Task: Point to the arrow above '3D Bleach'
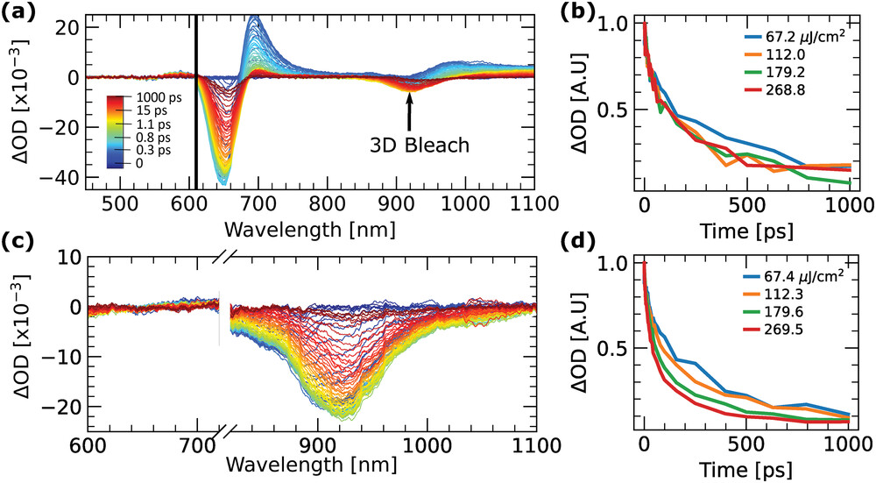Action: click(408, 109)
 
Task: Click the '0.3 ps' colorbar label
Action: click(151, 148)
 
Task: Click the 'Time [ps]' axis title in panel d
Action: click(746, 466)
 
